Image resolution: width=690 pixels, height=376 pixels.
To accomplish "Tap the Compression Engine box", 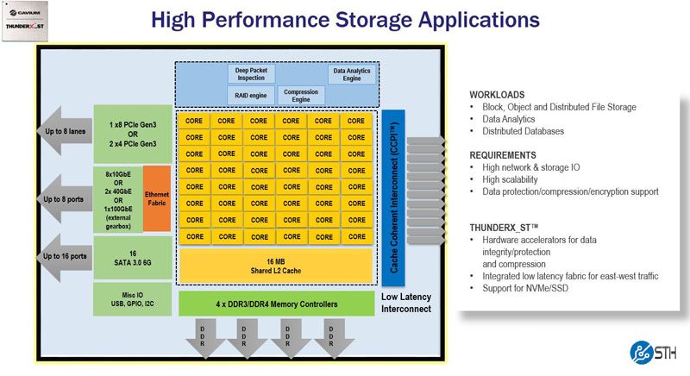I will coord(301,95).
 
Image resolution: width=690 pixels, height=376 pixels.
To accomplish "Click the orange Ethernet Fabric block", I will coord(156,198).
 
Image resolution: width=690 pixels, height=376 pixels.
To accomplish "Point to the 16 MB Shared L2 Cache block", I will coord(276,265).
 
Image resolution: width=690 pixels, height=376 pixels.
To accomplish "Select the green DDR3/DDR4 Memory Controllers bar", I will coord(276,304).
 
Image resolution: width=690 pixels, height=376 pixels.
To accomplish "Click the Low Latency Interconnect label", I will coord(405,303).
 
